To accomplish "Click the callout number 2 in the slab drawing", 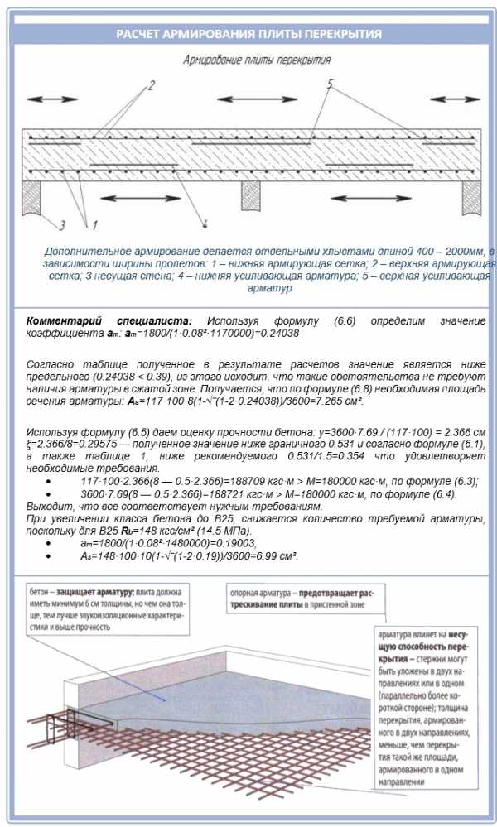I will tap(151, 85).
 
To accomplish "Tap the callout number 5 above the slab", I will tap(330, 84).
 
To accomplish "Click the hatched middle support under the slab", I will tap(251, 195).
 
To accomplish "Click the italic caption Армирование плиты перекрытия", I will tap(257, 60).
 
